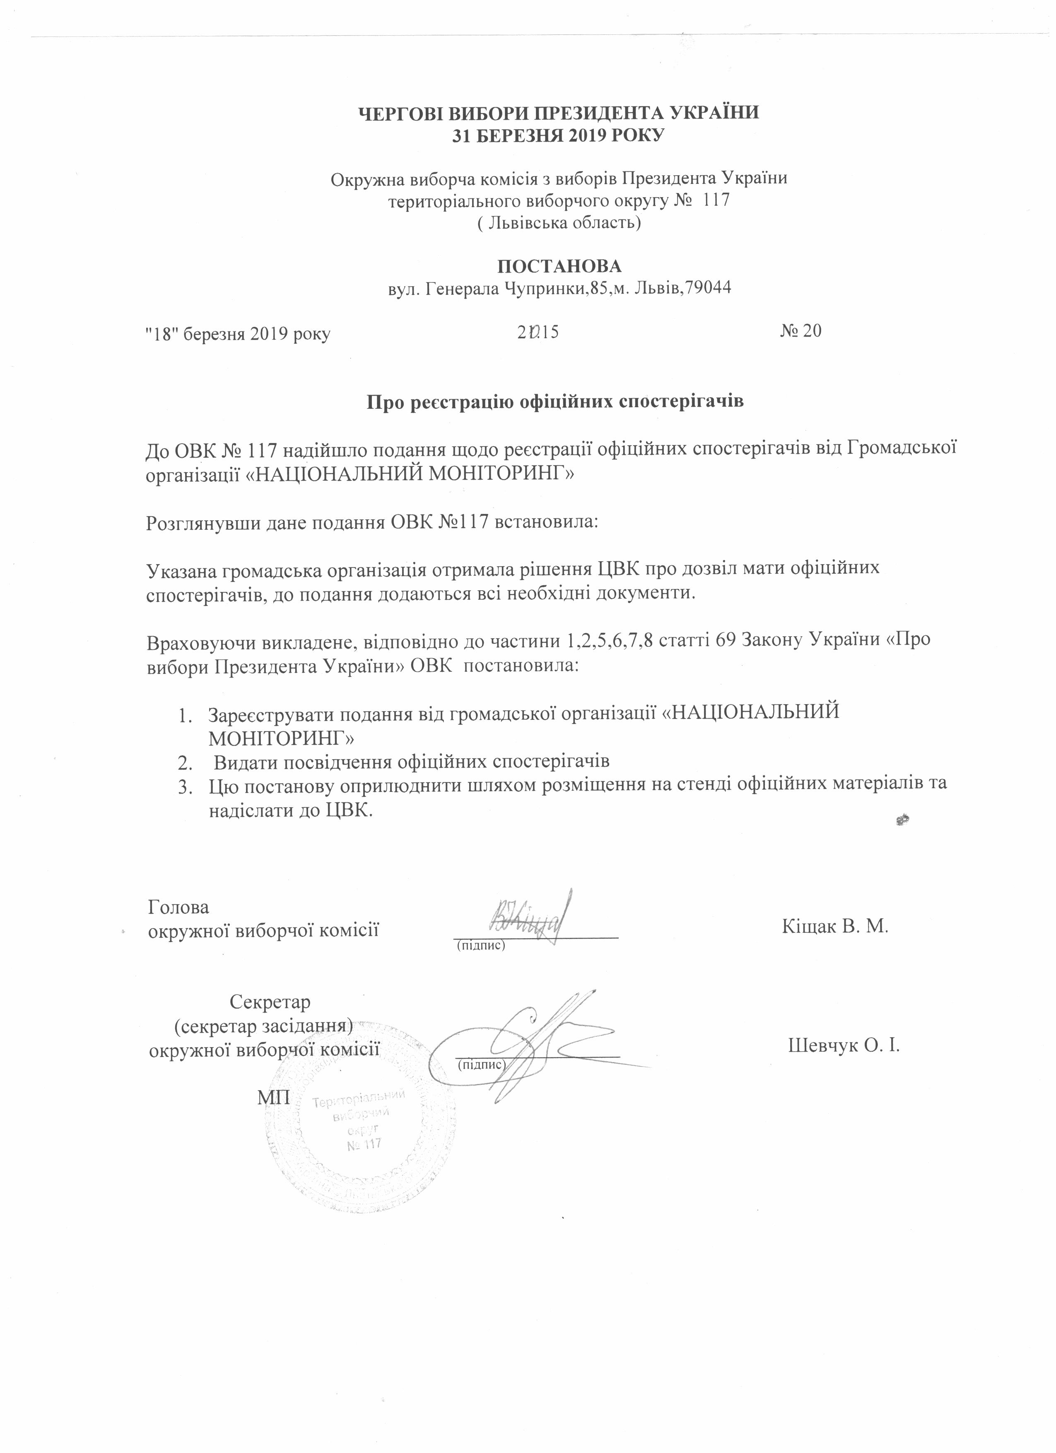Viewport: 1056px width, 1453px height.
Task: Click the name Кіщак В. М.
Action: [x=834, y=927]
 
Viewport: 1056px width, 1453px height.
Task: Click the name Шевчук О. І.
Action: [x=843, y=1046]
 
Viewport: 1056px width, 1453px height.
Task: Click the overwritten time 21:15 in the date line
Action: [x=538, y=332]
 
